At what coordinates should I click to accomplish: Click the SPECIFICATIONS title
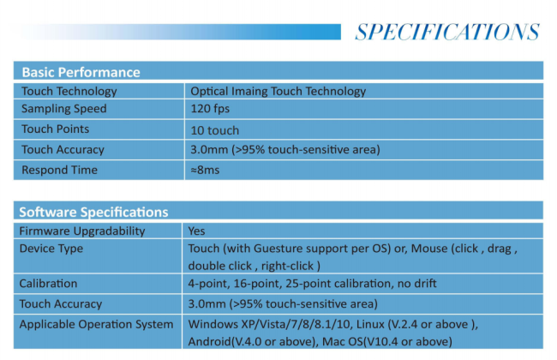point(447,32)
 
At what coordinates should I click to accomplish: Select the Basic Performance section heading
point(81,72)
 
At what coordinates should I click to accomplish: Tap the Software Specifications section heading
point(93,213)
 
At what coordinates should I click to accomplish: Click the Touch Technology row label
point(69,92)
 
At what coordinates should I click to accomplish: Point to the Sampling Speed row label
point(64,109)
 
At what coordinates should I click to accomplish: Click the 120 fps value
point(210,109)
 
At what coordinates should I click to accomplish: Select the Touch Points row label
point(55,129)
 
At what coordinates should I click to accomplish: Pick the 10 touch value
point(214,130)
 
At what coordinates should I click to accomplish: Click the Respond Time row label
point(59,170)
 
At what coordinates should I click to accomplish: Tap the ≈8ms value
point(205,170)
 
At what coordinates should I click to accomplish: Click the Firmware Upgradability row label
point(82,231)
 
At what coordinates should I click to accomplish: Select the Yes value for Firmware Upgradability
point(196,231)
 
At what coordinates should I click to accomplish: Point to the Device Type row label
point(51,249)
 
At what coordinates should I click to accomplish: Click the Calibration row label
point(48,284)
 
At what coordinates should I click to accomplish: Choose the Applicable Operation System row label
point(96,325)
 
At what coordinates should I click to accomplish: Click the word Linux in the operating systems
point(370,325)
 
